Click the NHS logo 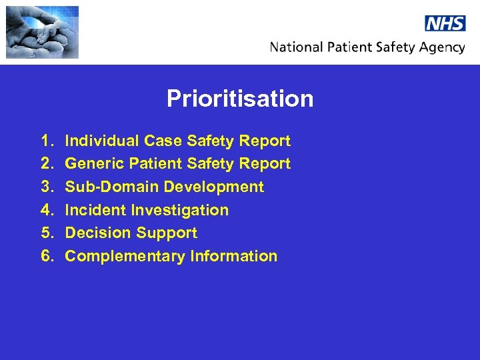(445, 23)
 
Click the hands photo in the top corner (42, 33)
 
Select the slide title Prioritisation (240, 99)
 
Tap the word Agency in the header (441, 48)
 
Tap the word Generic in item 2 (93, 163)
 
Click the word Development (213, 187)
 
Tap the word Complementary (125, 256)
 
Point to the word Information (233, 256)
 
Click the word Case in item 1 (163, 141)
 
